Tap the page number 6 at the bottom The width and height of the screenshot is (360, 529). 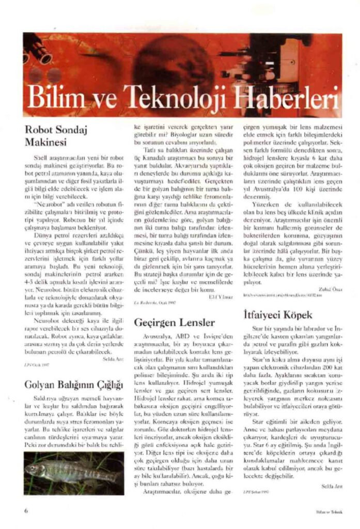point(25,511)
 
